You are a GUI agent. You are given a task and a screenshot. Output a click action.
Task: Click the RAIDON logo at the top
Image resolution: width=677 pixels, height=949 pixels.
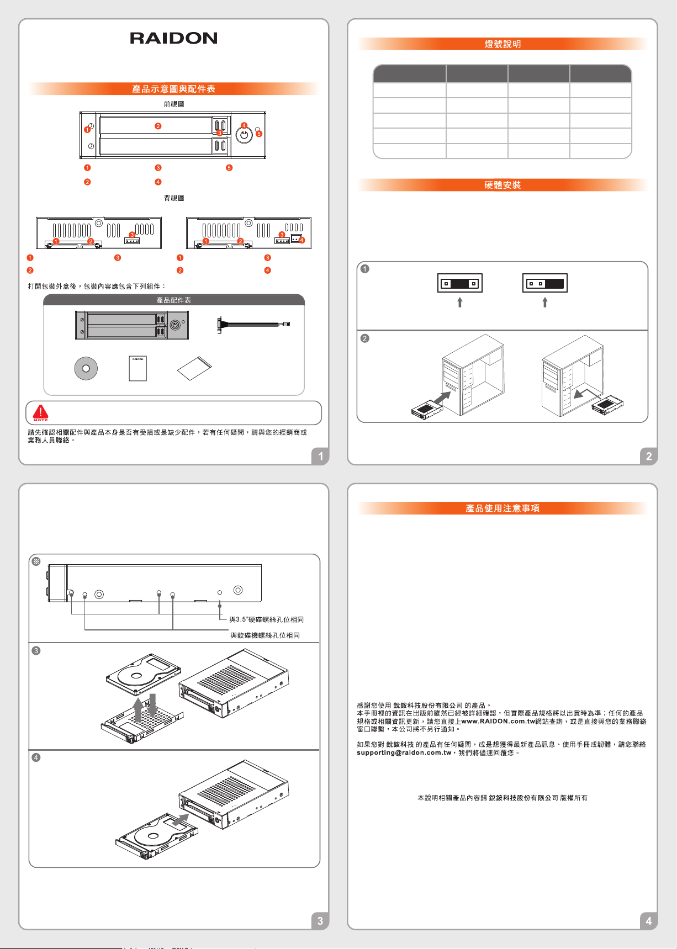tap(173, 38)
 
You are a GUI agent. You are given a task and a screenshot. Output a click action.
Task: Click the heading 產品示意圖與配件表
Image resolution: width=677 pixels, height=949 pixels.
tap(173, 89)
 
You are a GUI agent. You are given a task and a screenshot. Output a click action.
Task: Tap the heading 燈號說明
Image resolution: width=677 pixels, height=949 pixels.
tap(503, 44)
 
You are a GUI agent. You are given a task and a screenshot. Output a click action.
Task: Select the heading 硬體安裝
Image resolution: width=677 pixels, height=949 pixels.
tap(503, 185)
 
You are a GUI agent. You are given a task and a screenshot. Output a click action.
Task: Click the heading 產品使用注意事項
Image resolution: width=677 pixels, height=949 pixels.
tap(503, 508)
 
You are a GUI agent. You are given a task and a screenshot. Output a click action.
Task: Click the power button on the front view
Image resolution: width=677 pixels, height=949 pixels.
tap(244, 134)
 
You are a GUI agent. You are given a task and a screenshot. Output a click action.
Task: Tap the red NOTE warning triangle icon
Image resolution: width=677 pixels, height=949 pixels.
tap(40, 412)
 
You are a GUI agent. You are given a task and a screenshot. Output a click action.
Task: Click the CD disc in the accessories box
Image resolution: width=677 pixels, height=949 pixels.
tap(86, 369)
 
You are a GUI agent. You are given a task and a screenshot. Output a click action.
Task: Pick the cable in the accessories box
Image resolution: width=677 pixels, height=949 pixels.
tap(253, 324)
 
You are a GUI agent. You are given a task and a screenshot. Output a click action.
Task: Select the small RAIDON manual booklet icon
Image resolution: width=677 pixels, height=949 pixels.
tap(138, 368)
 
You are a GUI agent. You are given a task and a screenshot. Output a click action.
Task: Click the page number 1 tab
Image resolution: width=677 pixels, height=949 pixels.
tap(320, 457)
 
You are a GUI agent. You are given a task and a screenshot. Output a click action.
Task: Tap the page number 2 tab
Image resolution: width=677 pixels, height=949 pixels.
tap(649, 457)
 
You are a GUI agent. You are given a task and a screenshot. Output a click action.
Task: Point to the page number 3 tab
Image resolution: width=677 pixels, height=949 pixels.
tap(320, 921)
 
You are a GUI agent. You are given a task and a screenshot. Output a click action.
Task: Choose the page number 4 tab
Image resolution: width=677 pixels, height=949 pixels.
tap(649, 921)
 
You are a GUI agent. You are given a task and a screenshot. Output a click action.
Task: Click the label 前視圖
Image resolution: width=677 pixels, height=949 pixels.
tap(174, 104)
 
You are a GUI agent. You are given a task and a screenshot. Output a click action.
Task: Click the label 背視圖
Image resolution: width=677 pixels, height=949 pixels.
tap(174, 198)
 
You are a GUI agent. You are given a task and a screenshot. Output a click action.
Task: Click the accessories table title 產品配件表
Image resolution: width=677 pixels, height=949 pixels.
tap(173, 300)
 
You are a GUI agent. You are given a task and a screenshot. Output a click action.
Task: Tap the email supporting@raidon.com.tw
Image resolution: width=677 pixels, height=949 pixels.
tap(404, 752)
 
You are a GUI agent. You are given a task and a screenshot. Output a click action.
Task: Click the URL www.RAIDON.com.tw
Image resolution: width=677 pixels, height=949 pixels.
tap(499, 722)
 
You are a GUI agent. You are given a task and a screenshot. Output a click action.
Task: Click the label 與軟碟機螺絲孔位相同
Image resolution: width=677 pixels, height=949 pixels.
tap(265, 635)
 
